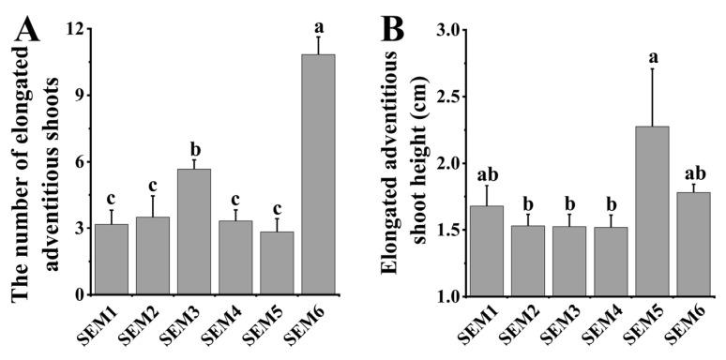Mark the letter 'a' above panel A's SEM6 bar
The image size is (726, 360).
[318, 22]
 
